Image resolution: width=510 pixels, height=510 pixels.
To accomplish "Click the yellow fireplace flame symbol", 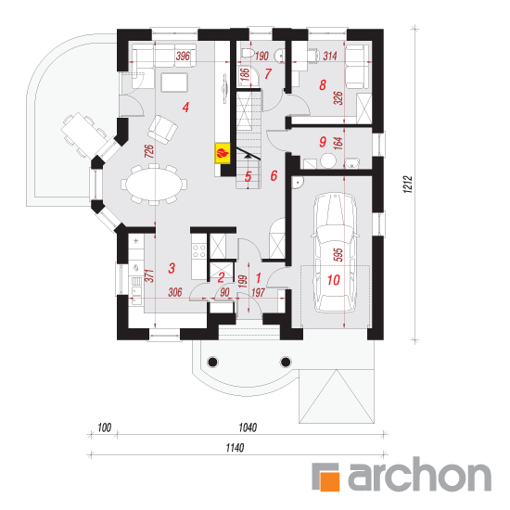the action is tap(223, 153).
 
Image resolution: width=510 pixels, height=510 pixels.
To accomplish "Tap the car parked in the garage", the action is tap(334, 253).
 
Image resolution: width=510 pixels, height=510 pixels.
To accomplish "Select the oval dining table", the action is tap(154, 185).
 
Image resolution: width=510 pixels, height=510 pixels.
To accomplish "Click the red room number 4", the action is tap(185, 107).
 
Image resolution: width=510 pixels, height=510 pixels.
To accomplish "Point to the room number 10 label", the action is tap(334, 280).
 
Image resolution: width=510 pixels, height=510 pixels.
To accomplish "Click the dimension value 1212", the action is tap(408, 185).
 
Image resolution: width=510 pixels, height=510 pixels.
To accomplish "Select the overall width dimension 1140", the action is tap(235, 448).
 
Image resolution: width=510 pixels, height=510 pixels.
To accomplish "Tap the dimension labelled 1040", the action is tap(248, 427).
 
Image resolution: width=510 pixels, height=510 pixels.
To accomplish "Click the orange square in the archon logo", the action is tap(330, 481).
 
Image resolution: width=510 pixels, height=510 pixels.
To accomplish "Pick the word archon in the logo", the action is tap(419, 474).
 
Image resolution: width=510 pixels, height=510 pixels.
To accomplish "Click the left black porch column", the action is tap(212, 362).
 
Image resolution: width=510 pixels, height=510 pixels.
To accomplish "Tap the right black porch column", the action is tap(286, 362).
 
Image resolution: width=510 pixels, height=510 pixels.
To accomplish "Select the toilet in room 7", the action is tap(248, 52).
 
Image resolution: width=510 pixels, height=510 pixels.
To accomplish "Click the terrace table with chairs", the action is tap(84, 134).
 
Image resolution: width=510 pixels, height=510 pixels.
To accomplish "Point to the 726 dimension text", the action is tap(149, 151).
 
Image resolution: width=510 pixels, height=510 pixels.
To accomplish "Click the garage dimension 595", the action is tap(338, 255).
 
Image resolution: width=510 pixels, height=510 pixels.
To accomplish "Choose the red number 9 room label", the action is tap(323, 142).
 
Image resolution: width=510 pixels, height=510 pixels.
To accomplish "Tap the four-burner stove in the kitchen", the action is tap(198, 250).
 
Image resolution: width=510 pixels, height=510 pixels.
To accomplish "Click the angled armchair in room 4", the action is tap(162, 130).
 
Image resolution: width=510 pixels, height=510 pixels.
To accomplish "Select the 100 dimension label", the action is tap(105, 427).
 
